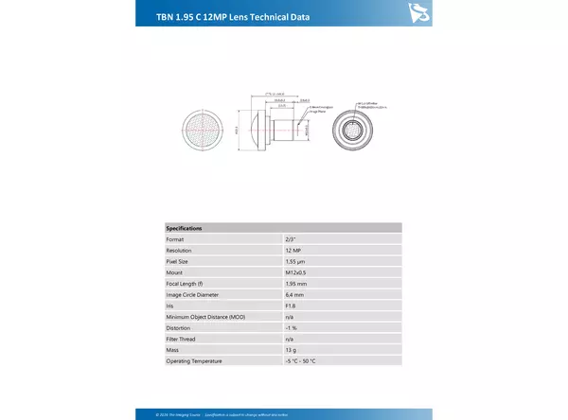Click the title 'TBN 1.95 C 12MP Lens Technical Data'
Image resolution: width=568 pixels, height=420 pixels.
(x=231, y=17)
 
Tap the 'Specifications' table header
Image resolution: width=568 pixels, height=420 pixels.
(x=184, y=228)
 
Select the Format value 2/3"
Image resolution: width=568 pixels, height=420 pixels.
(x=290, y=239)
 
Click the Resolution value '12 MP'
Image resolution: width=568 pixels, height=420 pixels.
(x=293, y=251)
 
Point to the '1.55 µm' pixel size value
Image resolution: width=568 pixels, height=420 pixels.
(x=294, y=261)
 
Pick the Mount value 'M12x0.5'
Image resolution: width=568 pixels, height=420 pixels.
(x=295, y=272)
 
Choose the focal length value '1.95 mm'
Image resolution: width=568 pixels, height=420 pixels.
(x=295, y=284)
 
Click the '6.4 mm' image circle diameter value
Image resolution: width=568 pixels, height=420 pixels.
(x=293, y=295)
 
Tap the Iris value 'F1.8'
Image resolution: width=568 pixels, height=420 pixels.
(x=290, y=306)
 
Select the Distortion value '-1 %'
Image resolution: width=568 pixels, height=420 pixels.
(x=291, y=328)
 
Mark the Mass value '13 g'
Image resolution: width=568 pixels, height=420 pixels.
(x=290, y=350)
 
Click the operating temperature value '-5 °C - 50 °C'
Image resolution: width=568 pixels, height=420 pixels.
(x=301, y=361)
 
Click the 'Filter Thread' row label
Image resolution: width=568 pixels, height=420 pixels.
(x=182, y=339)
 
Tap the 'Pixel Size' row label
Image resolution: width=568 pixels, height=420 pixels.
(x=178, y=261)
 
